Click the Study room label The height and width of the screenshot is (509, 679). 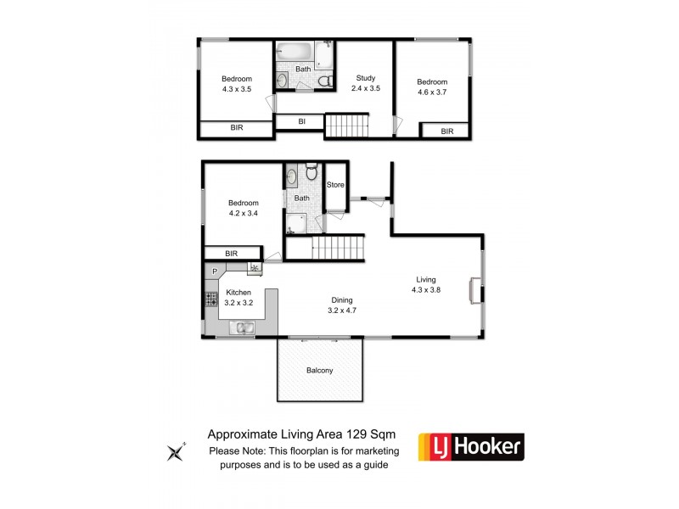coord(365,78)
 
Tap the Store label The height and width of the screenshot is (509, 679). coord(336,185)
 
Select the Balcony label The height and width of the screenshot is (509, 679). coord(320,371)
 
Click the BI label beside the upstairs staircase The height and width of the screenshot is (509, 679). coord(301,122)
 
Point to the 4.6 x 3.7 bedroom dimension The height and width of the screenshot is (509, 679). coord(431,92)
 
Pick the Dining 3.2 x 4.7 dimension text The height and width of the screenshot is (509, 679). coord(342,310)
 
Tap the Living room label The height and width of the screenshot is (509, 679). coord(426,279)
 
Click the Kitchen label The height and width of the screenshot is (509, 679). coord(238,292)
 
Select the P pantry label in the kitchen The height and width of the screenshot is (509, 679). coord(216,271)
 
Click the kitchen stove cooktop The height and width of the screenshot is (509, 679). coord(209,299)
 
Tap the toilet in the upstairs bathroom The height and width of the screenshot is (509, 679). coord(323,81)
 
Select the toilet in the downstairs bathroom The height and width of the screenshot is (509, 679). coord(311,168)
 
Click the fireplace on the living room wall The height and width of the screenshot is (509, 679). coord(476,289)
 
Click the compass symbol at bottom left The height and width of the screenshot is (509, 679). coord(177,451)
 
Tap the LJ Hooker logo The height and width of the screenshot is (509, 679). coord(471,447)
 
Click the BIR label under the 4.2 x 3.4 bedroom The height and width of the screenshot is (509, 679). coord(231,253)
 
